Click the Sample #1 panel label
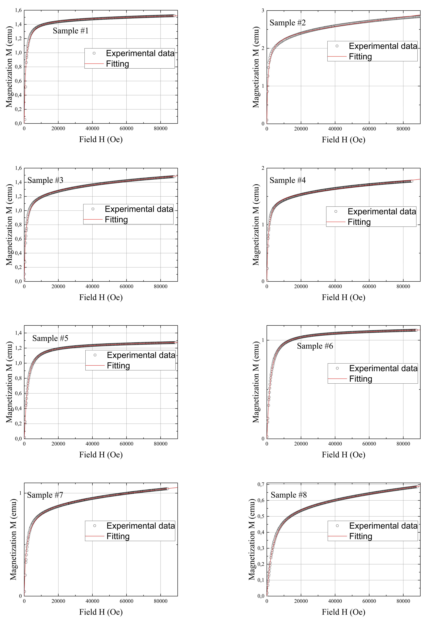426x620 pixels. coord(70,31)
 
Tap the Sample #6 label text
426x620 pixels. coord(315,346)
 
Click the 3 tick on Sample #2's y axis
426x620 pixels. coord(263,11)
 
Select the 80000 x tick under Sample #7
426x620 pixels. coord(160,601)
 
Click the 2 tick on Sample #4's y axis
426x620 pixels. coord(263,168)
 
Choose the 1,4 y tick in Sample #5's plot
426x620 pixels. coord(18,333)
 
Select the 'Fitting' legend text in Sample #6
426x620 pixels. coord(361,379)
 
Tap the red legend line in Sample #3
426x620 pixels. coord(93,219)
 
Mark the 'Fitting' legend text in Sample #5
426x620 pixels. coord(118,366)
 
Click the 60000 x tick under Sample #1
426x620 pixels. coord(126,129)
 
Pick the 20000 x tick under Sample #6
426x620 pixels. coord(301,444)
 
